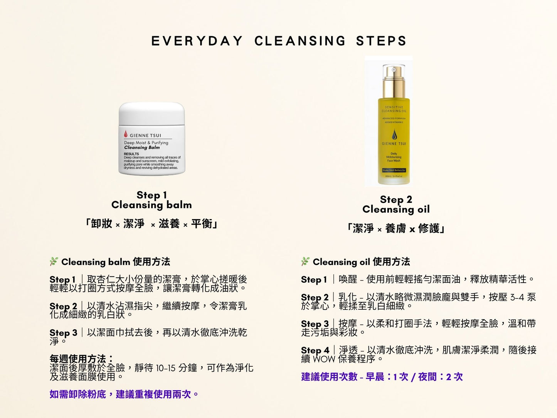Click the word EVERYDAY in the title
pyautogui.click(x=197, y=41)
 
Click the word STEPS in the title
pyautogui.click(x=381, y=41)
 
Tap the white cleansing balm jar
pyautogui.click(x=152, y=139)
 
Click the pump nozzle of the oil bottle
pyautogui.click(x=394, y=71)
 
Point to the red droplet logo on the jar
pyautogui.click(x=126, y=134)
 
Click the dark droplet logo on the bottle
pyautogui.click(x=394, y=135)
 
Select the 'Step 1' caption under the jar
pyautogui.click(x=151, y=195)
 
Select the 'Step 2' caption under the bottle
pyautogui.click(x=396, y=199)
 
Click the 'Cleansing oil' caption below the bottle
pyautogui.click(x=396, y=209)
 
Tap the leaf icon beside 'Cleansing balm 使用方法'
pyautogui.click(x=54, y=261)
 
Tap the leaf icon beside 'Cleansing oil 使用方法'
pyautogui.click(x=305, y=261)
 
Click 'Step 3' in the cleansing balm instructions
pyautogui.click(x=63, y=333)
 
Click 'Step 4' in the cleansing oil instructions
pyautogui.click(x=315, y=350)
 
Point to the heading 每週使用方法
pyautogui.click(x=81, y=359)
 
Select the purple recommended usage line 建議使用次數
pyautogui.click(x=382, y=377)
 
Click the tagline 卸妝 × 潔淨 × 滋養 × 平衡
pyautogui.click(x=151, y=224)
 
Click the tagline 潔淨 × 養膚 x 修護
pyautogui.click(x=396, y=228)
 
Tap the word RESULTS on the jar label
pyautogui.click(x=131, y=154)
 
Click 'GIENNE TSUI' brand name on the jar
pyautogui.click(x=145, y=135)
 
